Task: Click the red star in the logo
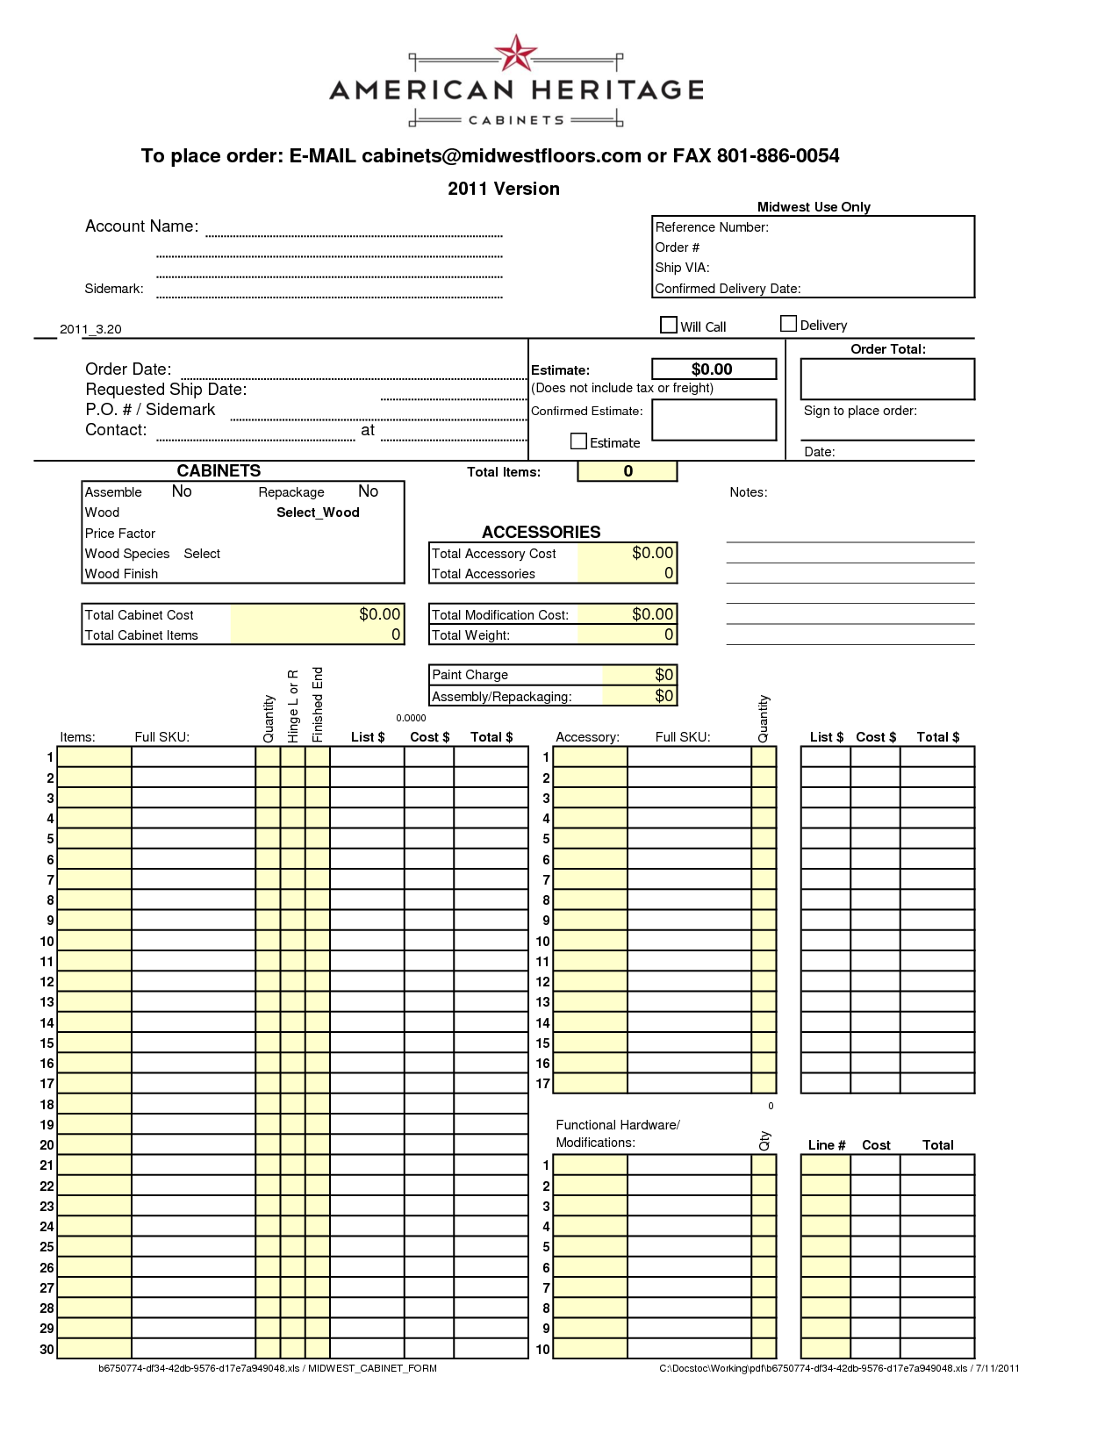click(x=516, y=54)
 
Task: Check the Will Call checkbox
click(x=669, y=325)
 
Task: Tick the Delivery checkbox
click(x=788, y=324)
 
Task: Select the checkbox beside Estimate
click(x=578, y=441)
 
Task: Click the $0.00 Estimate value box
click(x=714, y=369)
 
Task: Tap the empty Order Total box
click(x=887, y=379)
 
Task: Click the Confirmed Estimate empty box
click(x=714, y=419)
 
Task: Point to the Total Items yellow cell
click(x=628, y=471)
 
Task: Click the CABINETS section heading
click(x=219, y=471)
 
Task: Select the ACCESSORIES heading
click(x=541, y=532)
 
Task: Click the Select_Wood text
click(x=318, y=513)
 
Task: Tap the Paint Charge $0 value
click(x=664, y=675)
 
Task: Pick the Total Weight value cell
click(x=627, y=634)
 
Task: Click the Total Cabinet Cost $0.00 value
click(x=379, y=614)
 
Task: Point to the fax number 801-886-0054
click(x=778, y=156)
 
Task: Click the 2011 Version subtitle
click(x=503, y=189)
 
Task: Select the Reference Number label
click(x=712, y=227)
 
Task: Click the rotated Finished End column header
click(x=318, y=705)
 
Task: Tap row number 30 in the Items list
click(x=47, y=1350)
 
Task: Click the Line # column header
click(x=826, y=1145)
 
